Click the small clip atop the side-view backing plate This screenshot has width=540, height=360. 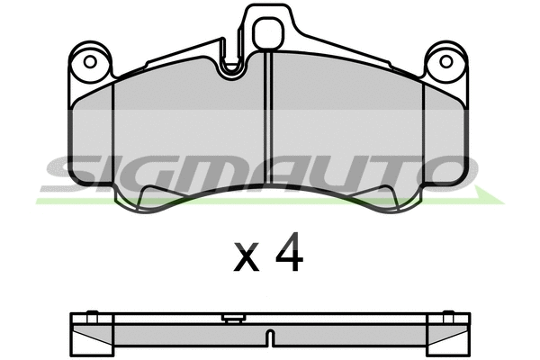click(x=232, y=317)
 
